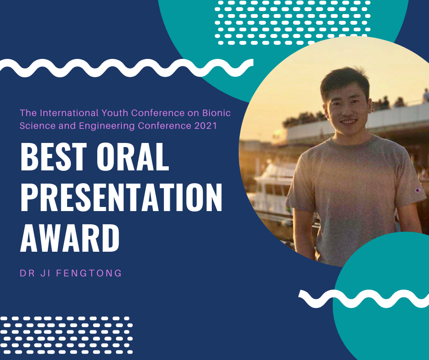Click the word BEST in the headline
coord(54,157)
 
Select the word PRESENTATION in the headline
coord(121,197)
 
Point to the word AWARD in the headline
coord(70,238)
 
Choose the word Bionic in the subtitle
coord(216,113)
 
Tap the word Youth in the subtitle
coord(115,113)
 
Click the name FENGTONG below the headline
coord(89,273)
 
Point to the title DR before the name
coord(27,273)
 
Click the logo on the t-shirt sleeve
coord(418,190)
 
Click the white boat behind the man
coord(273,186)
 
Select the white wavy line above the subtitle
coord(126,68)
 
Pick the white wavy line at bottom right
coord(364,299)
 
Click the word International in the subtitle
coord(69,113)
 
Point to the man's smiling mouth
coord(349,121)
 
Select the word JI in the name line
coord(46,273)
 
